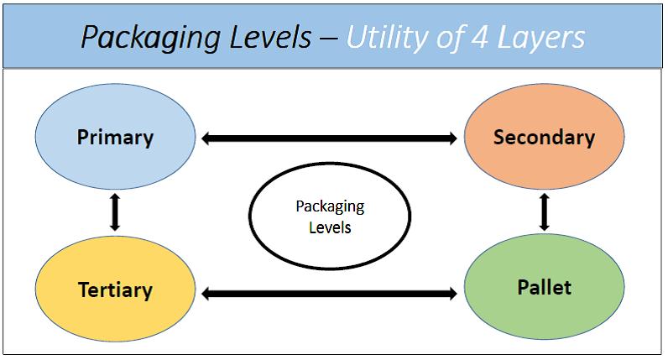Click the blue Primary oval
pyautogui.click(x=115, y=137)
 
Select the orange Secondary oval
pyautogui.click(x=544, y=137)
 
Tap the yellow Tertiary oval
pyautogui.click(x=115, y=290)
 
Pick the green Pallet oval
pyautogui.click(x=544, y=288)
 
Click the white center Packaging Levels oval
pyautogui.click(x=330, y=217)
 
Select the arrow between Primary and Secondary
pyautogui.click(x=330, y=138)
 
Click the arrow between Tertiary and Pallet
pyautogui.click(x=330, y=293)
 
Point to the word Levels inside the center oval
pyautogui.click(x=330, y=227)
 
